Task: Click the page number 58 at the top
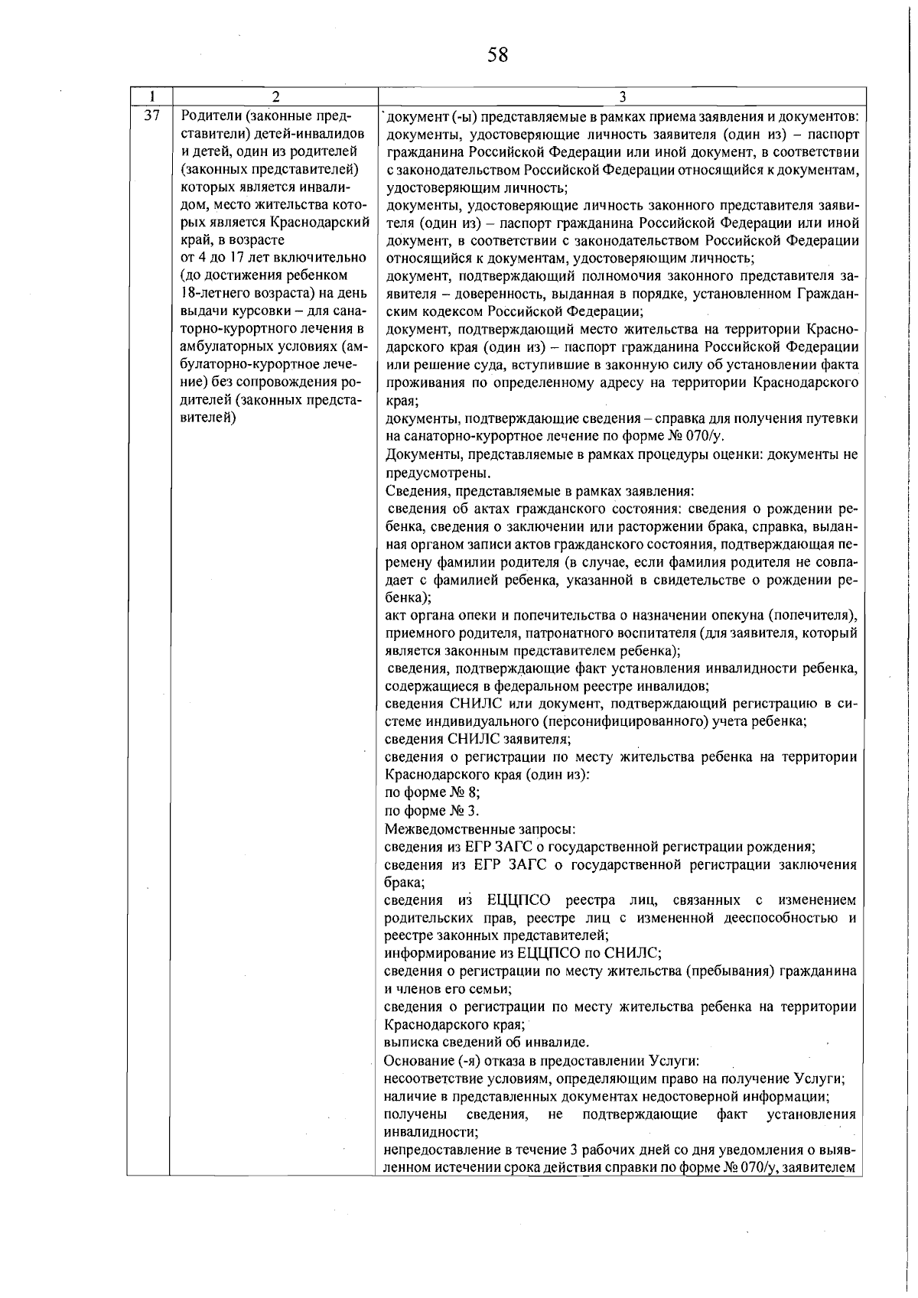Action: point(497,55)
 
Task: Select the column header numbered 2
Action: point(275,97)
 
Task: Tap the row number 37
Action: point(151,116)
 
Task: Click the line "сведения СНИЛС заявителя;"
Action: point(478,739)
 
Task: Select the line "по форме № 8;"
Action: point(432,792)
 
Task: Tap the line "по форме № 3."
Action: point(432,811)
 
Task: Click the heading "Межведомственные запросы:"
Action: point(480,829)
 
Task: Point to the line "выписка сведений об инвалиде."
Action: point(487,1042)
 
